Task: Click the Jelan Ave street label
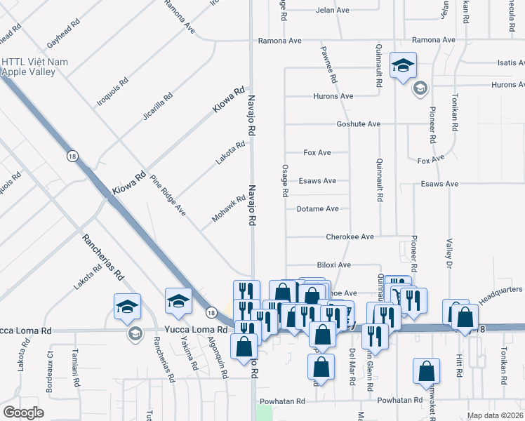(332, 11)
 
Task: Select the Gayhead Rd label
(60, 34)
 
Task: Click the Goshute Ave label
(358, 124)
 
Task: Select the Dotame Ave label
(317, 209)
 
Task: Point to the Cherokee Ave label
(350, 237)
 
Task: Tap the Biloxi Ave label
(333, 265)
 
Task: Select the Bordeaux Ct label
(50, 363)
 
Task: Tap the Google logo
(23, 413)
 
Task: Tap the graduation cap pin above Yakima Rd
(178, 302)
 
